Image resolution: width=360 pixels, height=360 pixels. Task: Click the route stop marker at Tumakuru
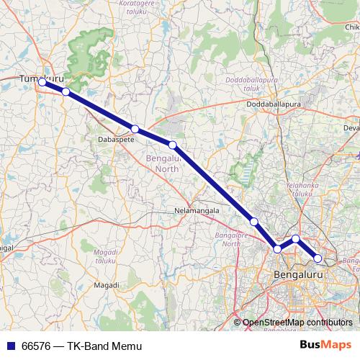pos(42,82)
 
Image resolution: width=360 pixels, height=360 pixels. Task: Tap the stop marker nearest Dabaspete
pos(135,129)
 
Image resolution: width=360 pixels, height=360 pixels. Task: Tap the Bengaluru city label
pos(297,274)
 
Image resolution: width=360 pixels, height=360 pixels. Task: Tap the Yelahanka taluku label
pos(300,189)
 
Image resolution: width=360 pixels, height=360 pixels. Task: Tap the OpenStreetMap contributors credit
pos(297,322)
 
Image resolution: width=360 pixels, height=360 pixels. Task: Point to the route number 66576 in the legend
pos(37,346)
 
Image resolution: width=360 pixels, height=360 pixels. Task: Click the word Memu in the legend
pos(118,346)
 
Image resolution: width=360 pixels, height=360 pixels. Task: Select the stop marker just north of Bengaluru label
pos(278,249)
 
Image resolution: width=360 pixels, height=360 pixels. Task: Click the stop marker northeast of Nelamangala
pos(253,221)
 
